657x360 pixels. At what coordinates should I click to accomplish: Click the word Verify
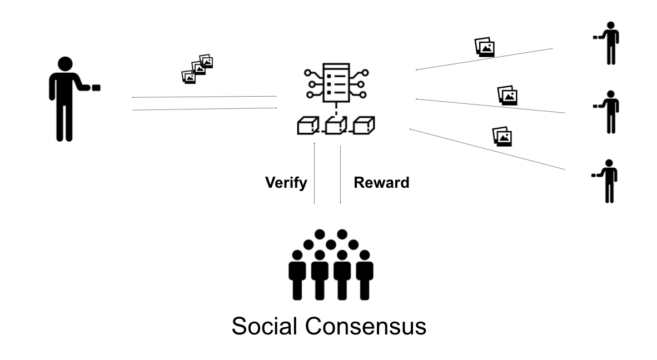(286, 183)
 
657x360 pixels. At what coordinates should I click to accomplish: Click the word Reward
(381, 183)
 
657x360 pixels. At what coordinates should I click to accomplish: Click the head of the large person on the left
(66, 64)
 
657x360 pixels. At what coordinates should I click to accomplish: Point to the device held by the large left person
(96, 87)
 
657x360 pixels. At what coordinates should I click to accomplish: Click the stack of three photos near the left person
(198, 69)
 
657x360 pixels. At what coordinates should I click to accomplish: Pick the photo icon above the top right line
(485, 47)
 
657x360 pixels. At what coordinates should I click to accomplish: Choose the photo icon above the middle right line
(507, 95)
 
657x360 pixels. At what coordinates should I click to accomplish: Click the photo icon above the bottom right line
(502, 136)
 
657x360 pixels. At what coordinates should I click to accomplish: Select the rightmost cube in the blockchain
(364, 126)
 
